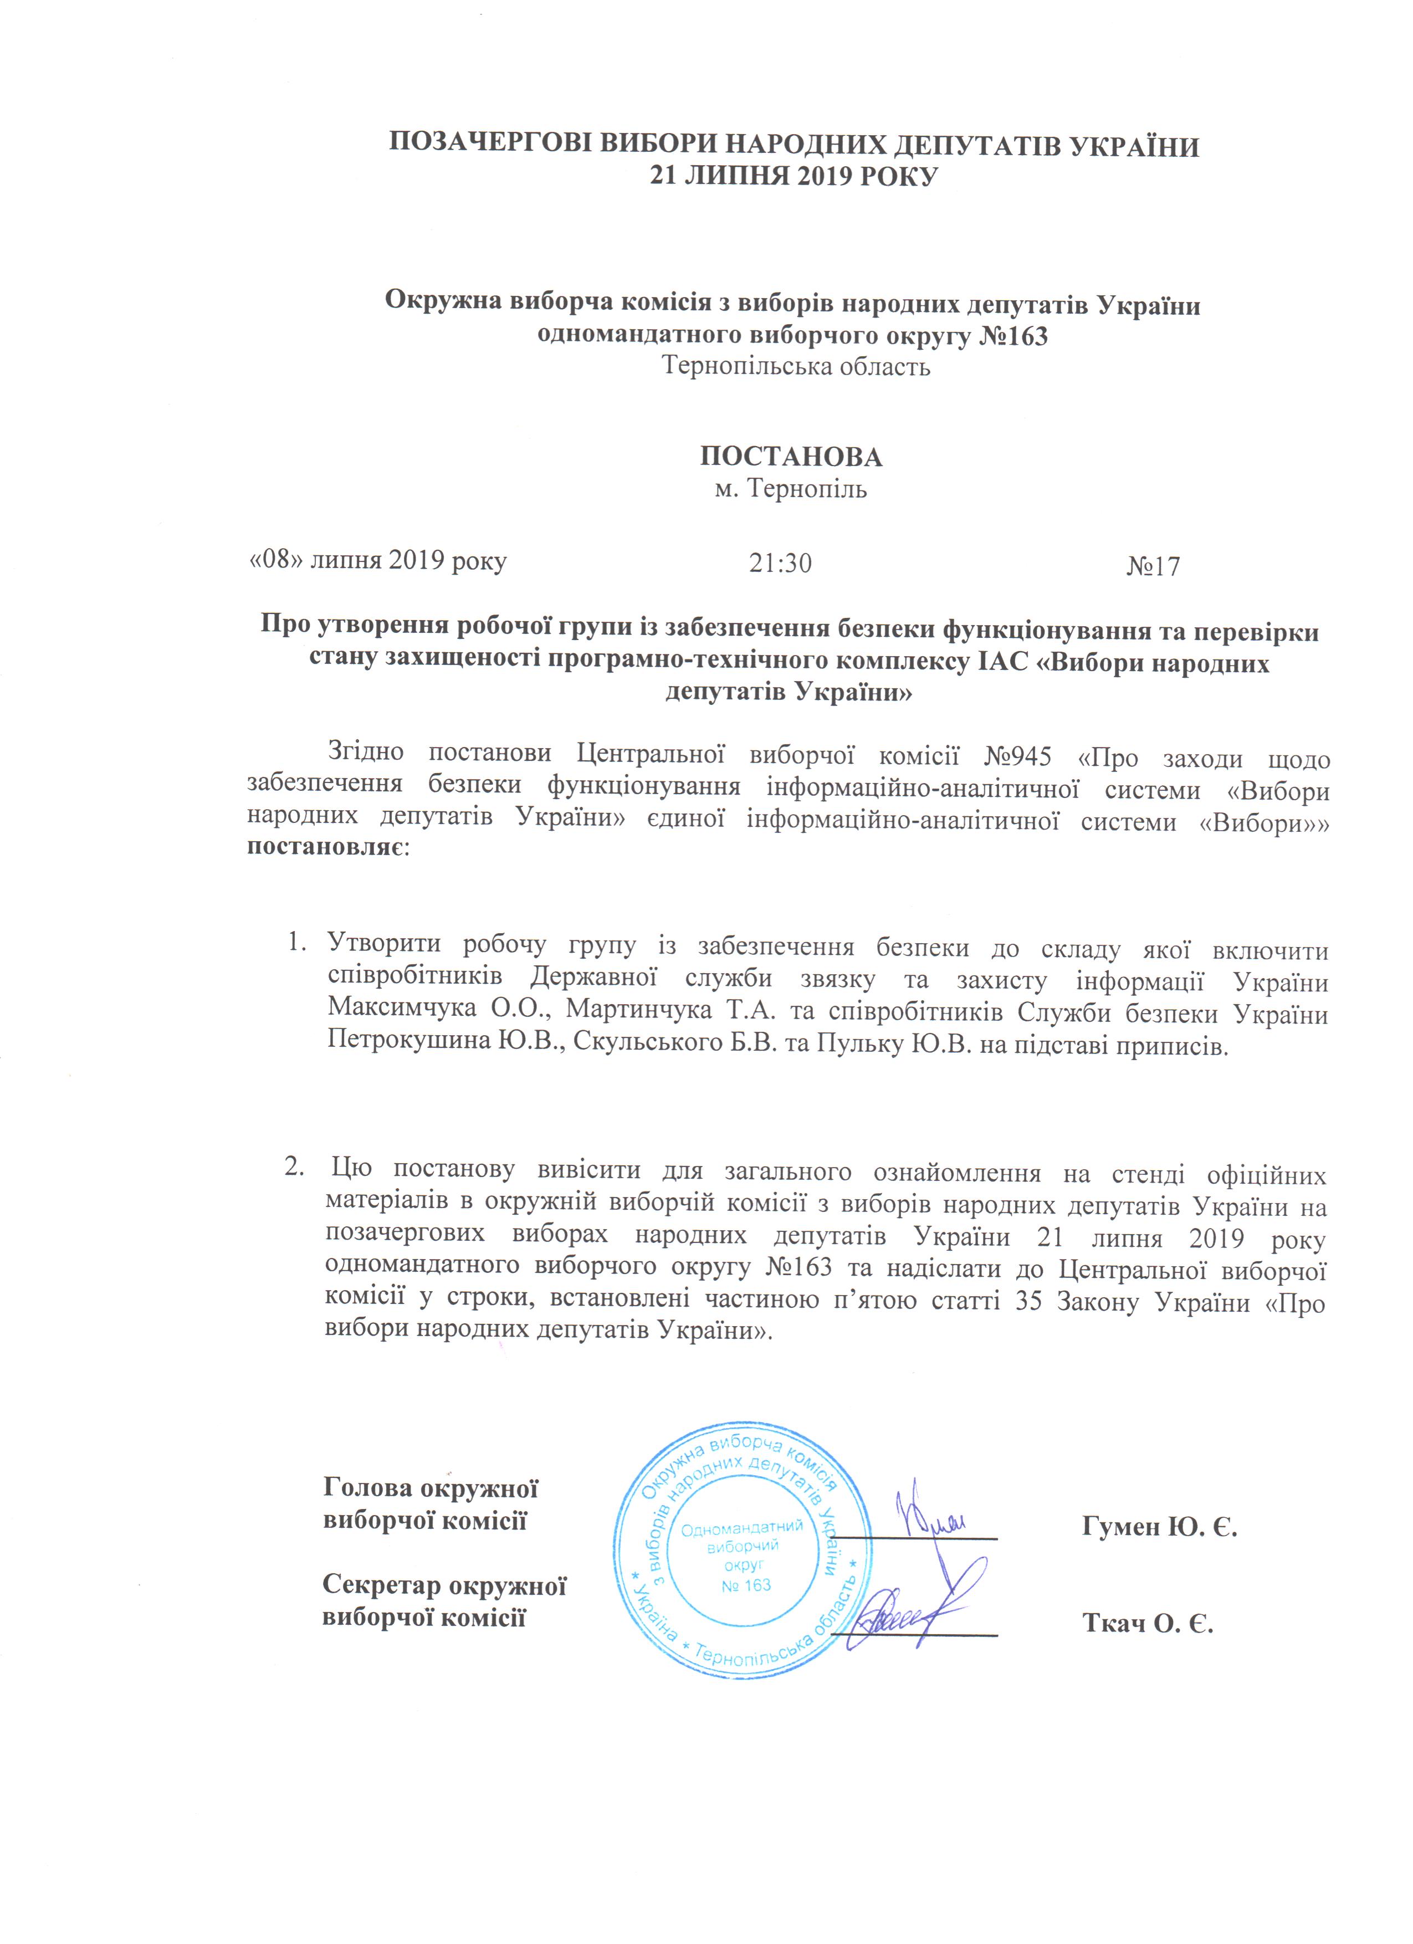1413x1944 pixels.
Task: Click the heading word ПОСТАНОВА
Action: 791,457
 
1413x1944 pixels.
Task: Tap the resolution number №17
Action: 1153,566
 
